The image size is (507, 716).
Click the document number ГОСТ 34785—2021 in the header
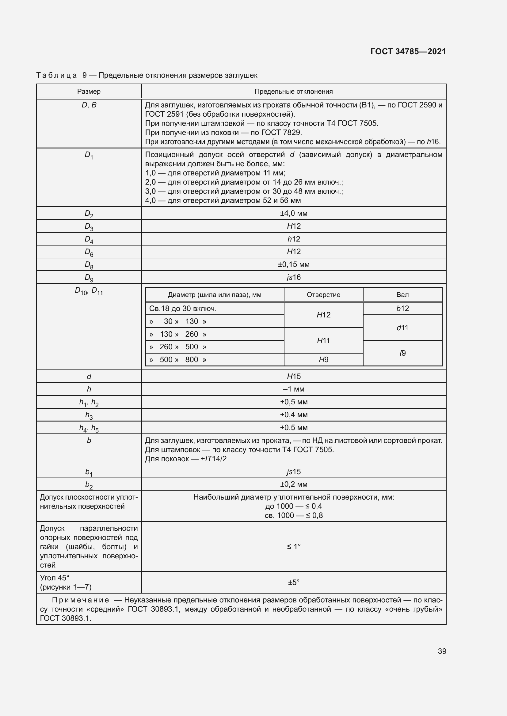click(408, 51)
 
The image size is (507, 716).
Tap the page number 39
click(442, 651)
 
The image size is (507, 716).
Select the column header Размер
click(89, 91)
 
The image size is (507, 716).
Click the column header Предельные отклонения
click(293, 91)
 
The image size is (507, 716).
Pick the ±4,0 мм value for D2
click(293, 213)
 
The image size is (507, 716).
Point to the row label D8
click(89, 265)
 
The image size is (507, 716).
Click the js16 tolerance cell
click(293, 277)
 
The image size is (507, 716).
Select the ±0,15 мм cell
click(293, 264)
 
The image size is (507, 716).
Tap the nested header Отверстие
click(323, 295)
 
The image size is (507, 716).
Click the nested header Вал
click(402, 295)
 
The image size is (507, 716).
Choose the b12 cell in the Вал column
click(402, 309)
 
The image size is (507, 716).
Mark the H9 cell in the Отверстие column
click(323, 360)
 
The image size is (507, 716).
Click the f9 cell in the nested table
click(402, 353)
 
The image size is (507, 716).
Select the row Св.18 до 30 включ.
click(183, 309)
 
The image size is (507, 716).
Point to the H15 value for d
click(293, 377)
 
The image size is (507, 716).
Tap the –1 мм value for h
click(293, 389)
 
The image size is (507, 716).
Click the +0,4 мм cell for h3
click(293, 415)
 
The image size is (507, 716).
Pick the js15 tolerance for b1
click(293, 471)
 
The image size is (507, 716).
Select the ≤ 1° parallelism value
click(293, 546)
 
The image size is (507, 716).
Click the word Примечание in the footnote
click(81, 600)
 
